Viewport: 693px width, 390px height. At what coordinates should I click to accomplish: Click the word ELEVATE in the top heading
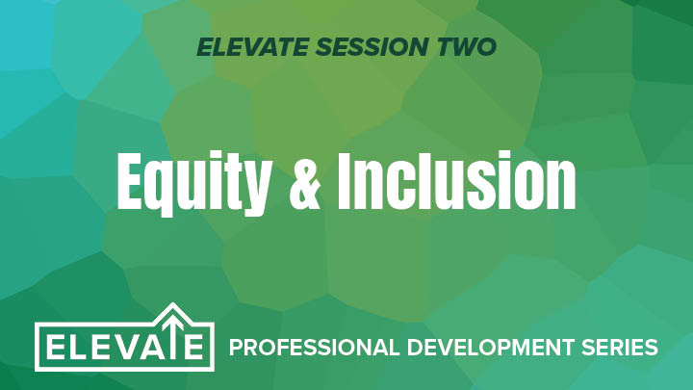[252, 47]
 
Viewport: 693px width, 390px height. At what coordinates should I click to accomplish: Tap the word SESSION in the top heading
[372, 47]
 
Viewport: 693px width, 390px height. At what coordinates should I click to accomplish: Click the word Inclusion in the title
[456, 180]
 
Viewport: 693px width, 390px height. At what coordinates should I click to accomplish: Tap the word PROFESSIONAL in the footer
[314, 347]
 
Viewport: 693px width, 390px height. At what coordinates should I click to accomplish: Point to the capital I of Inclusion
[346, 181]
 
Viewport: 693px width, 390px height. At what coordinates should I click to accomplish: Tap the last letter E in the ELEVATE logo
[193, 347]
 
